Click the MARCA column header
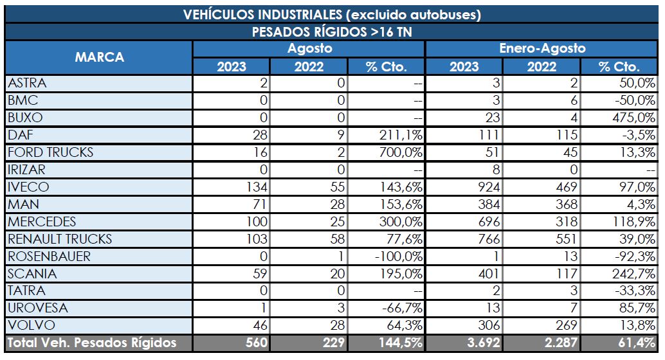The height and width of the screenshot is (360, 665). click(x=99, y=57)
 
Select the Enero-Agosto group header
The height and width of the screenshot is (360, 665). click(x=542, y=48)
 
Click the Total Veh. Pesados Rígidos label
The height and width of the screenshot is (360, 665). click(x=91, y=343)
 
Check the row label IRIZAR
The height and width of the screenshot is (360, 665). click(x=27, y=170)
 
